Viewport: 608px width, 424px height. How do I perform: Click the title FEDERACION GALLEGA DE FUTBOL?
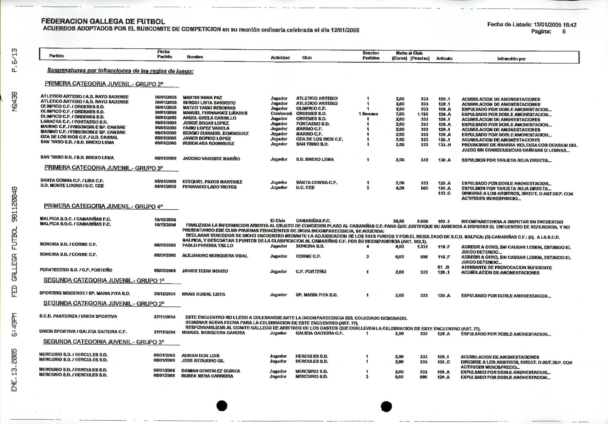pyautogui.click(x=103, y=21)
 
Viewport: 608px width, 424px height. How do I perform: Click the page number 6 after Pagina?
pyautogui.click(x=564, y=32)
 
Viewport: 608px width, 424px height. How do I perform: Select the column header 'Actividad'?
pyautogui.click(x=280, y=58)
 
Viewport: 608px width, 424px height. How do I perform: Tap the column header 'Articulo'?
pyautogui.click(x=444, y=58)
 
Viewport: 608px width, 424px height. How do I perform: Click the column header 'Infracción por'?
pyautogui.click(x=511, y=59)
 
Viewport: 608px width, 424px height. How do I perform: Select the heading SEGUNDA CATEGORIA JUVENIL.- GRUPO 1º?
pyautogui.click(x=104, y=280)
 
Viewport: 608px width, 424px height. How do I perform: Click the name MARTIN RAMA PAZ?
pyautogui.click(x=203, y=98)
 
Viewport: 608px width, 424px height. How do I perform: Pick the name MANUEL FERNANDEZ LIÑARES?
pyautogui.click(x=215, y=113)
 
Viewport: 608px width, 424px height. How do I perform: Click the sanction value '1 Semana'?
pyautogui.click(x=368, y=114)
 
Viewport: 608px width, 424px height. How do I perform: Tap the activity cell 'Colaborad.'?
pyautogui.click(x=282, y=113)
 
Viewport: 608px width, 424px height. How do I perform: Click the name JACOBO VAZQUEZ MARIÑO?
pyautogui.click(x=211, y=159)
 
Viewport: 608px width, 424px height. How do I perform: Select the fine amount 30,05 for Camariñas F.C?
pyautogui.click(x=399, y=221)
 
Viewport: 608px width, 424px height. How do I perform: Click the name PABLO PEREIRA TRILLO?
pyautogui.click(x=208, y=246)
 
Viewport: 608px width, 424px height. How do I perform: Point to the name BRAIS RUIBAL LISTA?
pyautogui.click(x=203, y=294)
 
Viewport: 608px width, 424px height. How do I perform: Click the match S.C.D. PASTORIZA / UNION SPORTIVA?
pyautogui.click(x=78, y=316)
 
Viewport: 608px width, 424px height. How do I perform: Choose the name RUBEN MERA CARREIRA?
pyautogui.click(x=207, y=376)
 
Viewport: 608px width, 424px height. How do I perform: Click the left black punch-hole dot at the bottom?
pyautogui.click(x=222, y=405)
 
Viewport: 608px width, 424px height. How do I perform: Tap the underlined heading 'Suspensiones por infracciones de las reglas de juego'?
pyautogui.click(x=120, y=71)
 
